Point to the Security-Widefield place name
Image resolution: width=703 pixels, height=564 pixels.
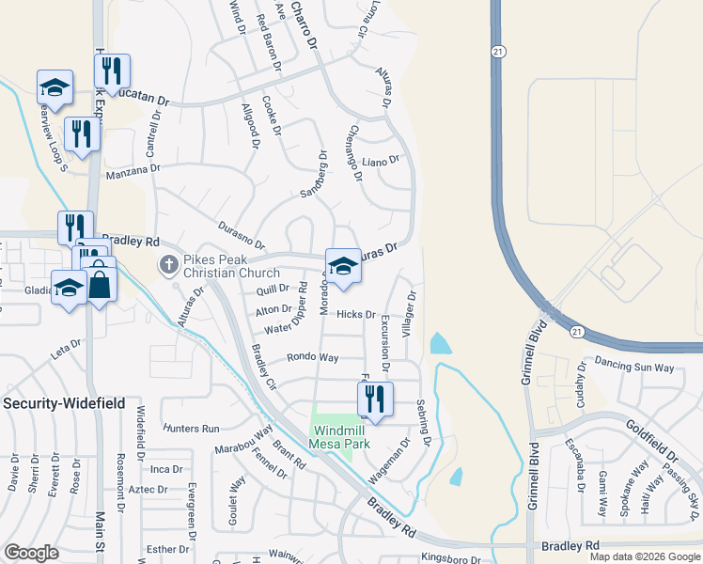[x=66, y=401]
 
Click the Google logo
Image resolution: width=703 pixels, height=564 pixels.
[x=31, y=553]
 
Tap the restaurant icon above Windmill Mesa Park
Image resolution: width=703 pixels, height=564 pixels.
[x=376, y=398]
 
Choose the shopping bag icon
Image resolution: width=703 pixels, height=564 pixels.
[x=100, y=283]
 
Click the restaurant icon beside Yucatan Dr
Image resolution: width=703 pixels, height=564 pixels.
[x=112, y=70]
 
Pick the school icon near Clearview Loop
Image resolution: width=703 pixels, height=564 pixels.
[x=55, y=86]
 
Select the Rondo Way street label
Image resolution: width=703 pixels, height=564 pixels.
[x=312, y=357]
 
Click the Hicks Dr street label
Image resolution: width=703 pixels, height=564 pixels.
[x=356, y=315]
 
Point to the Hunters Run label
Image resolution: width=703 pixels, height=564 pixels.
[x=191, y=428]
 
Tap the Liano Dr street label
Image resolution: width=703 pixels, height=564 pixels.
[x=381, y=161]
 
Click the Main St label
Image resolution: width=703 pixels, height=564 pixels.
[x=99, y=533]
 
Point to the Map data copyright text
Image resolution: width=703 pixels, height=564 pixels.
[x=645, y=556]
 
